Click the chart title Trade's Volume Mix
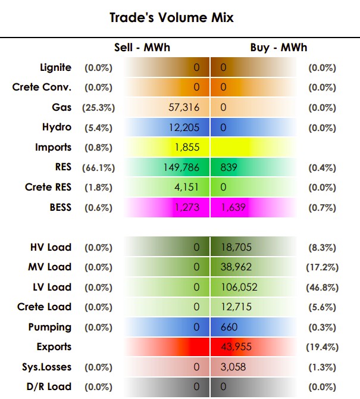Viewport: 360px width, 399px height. point(171,17)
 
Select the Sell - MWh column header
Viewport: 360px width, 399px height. point(142,48)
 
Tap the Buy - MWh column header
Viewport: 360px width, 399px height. point(278,48)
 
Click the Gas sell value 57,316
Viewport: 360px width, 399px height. point(184,107)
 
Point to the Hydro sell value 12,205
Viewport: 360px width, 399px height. point(184,127)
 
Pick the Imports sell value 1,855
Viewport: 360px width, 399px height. point(187,147)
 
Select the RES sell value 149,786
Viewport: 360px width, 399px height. point(181,167)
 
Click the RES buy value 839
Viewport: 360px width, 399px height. point(229,167)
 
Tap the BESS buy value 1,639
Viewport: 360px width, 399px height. point(233,207)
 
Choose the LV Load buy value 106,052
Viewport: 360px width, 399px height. point(239,287)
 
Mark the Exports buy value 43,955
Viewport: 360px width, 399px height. point(236,347)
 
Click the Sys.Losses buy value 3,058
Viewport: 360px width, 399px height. point(233,367)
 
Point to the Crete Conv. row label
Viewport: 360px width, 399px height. point(42,88)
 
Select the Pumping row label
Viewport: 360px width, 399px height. point(50,328)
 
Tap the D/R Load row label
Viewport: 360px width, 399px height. point(49,386)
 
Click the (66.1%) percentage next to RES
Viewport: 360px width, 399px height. point(98,168)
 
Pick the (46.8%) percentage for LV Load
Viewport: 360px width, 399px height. point(323,288)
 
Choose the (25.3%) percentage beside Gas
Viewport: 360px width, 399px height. point(98,108)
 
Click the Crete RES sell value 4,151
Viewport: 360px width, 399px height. point(186,187)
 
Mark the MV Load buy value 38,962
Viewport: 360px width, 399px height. point(236,267)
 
